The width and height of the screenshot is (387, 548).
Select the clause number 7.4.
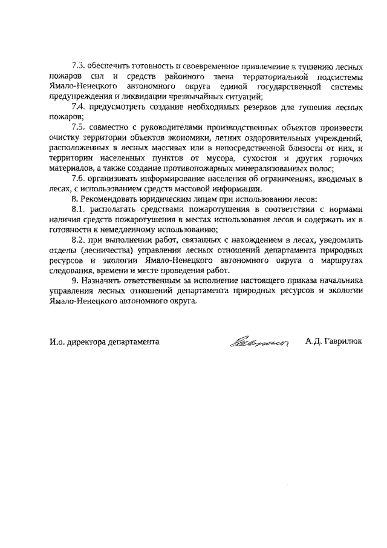pos(79,107)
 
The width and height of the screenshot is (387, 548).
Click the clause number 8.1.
pos(79,208)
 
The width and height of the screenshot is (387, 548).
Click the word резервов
pos(240,107)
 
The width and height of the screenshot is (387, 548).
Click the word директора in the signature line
pos(88,342)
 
